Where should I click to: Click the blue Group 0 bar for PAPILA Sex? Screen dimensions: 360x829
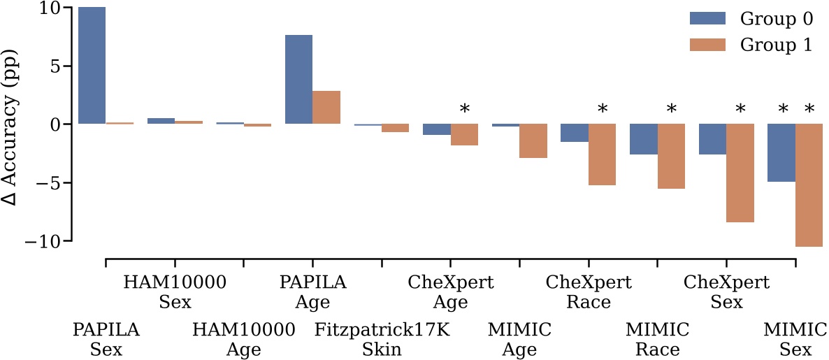pos(92,66)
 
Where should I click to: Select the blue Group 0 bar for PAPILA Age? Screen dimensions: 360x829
pos(298,79)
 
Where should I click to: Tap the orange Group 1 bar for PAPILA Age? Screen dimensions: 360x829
pos(326,107)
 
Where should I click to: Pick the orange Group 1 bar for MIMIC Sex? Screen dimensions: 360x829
pos(809,185)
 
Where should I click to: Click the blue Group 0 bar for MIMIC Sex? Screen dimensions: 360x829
pos(781,152)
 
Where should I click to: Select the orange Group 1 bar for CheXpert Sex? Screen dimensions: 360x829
pos(740,173)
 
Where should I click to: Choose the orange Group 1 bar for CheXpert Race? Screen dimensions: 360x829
pos(603,154)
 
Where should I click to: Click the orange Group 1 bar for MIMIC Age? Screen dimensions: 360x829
pos(533,141)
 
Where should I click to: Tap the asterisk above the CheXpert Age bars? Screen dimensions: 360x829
pos(464,110)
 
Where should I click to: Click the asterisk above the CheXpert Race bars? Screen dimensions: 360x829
pos(603,110)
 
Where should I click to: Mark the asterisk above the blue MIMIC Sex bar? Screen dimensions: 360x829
pos(783,110)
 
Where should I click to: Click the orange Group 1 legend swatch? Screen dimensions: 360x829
pos(708,45)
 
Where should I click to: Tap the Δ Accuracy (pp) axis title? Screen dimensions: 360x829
pos(11,124)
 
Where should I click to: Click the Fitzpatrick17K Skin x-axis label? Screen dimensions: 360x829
pos(382,339)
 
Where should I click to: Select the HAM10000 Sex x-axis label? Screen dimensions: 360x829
pos(175,292)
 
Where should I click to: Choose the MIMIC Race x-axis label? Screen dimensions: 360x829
pos(657,339)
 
